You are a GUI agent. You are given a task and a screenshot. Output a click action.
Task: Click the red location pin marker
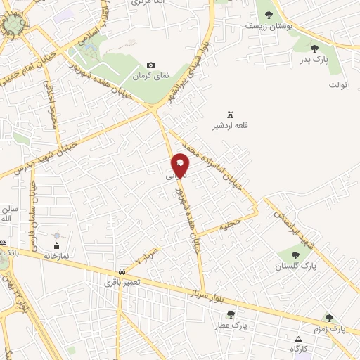click(x=181, y=164)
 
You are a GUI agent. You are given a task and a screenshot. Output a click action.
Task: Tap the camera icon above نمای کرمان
click(x=150, y=65)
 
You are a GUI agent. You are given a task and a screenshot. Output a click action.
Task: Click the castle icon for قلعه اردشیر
click(x=229, y=115)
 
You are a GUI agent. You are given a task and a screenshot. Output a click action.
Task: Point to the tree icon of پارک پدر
click(x=314, y=48)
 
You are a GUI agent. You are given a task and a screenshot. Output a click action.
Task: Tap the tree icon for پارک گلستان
click(x=294, y=255)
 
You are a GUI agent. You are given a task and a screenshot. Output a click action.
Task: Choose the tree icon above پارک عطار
click(x=231, y=314)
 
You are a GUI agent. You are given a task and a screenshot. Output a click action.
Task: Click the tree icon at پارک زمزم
click(x=329, y=318)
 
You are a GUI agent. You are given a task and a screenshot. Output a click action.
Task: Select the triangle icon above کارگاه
click(x=297, y=339)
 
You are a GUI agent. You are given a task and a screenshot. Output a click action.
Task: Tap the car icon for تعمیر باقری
click(x=123, y=270)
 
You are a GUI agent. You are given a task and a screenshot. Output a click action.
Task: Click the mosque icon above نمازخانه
click(x=58, y=245)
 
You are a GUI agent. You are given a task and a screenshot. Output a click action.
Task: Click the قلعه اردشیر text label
click(x=229, y=127)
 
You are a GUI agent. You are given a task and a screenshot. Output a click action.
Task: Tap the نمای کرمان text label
click(x=150, y=75)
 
